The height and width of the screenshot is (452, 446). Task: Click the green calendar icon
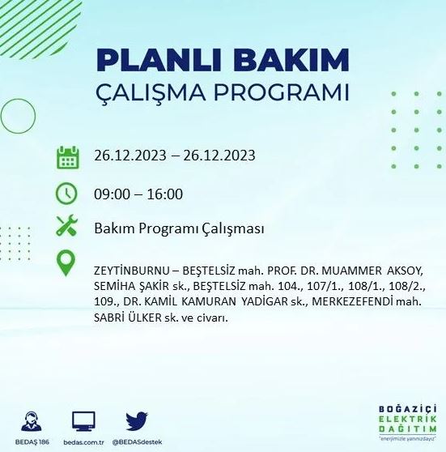pos(68,156)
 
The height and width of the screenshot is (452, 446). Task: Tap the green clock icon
pos(67,193)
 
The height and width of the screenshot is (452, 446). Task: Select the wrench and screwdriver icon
pos(67,228)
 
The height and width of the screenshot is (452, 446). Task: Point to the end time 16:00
pos(166,194)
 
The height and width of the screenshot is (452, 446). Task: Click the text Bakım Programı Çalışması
pos(178,228)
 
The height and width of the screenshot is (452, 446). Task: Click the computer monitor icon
pos(84,420)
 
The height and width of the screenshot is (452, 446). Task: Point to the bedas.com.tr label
pos(84,442)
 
